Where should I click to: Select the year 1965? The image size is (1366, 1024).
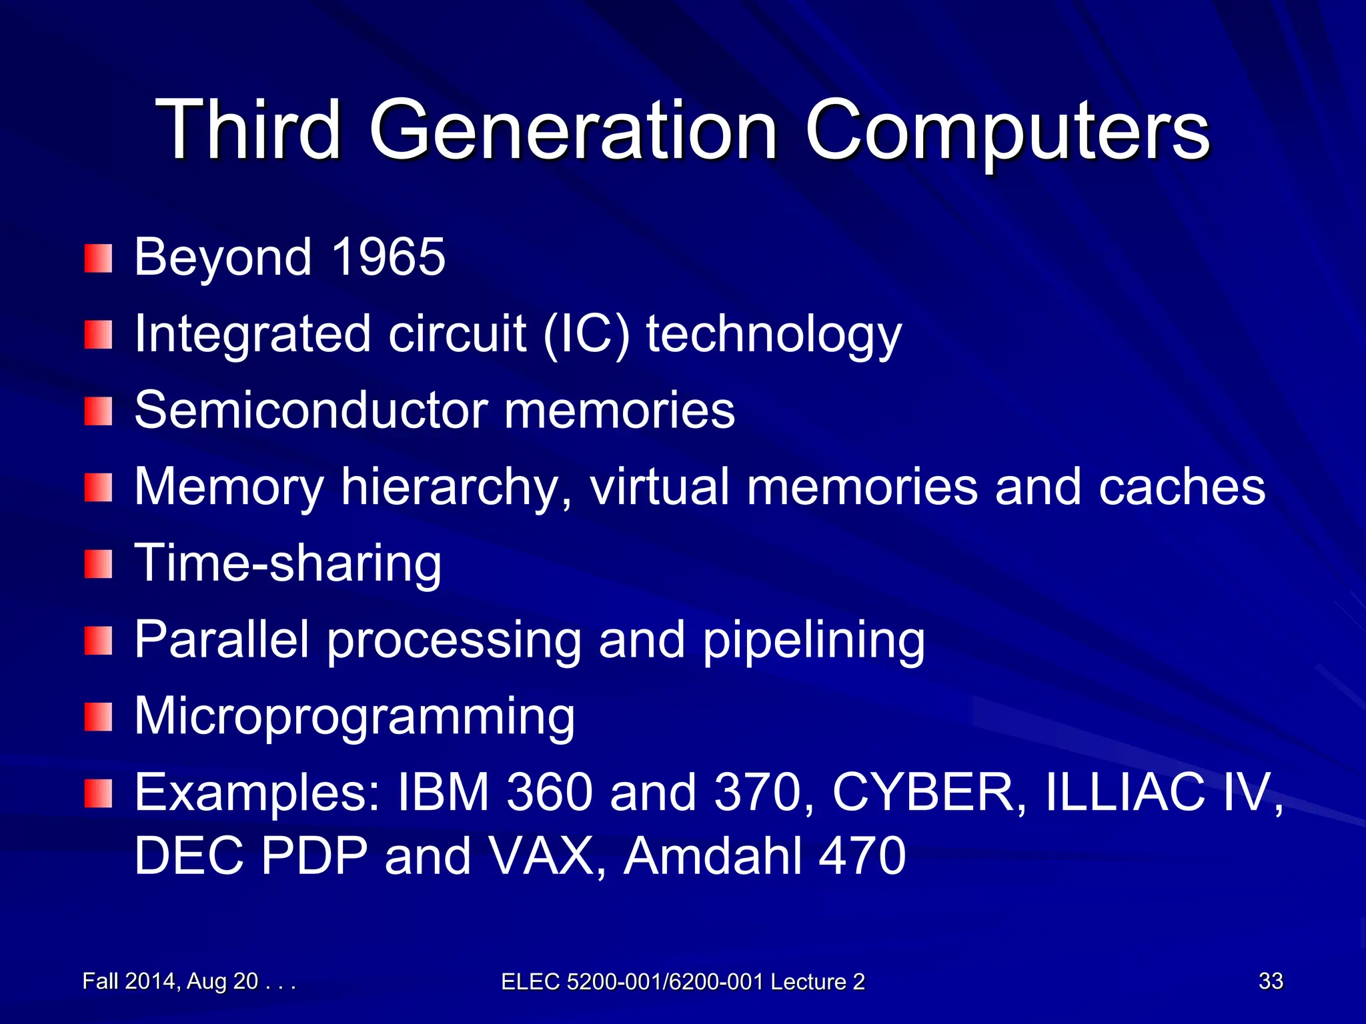click(388, 257)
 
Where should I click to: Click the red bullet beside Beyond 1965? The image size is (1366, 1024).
click(98, 258)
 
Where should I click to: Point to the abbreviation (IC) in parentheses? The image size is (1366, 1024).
click(586, 333)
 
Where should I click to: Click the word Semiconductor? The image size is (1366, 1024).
click(310, 409)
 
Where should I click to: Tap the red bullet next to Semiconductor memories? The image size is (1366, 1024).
click(98, 411)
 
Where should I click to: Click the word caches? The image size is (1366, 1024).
click(1181, 487)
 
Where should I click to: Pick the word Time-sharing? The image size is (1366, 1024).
click(287, 563)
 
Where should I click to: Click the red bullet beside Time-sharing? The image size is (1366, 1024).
click(98, 565)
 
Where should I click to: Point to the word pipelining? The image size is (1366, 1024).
click(814, 640)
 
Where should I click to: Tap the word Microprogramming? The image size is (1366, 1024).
click(354, 717)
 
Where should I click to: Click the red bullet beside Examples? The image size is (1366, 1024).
click(98, 794)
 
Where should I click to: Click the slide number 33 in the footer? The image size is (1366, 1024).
click(1271, 981)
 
